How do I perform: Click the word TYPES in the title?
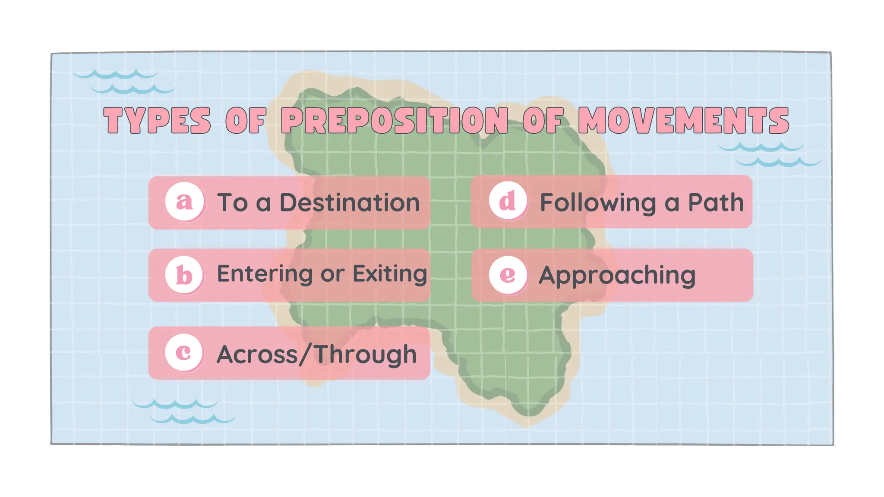(x=157, y=120)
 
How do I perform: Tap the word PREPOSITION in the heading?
(x=395, y=120)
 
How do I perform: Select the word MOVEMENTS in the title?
(x=683, y=120)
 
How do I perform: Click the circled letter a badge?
(x=184, y=201)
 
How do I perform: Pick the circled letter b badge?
(x=184, y=275)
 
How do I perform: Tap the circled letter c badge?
(x=184, y=352)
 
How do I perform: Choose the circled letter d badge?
(x=508, y=201)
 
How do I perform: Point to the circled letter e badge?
(x=508, y=275)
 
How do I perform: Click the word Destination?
(x=350, y=202)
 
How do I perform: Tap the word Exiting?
(x=390, y=274)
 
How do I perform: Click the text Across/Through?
(x=316, y=355)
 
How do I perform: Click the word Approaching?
(x=617, y=276)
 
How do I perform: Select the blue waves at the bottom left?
(x=183, y=412)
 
